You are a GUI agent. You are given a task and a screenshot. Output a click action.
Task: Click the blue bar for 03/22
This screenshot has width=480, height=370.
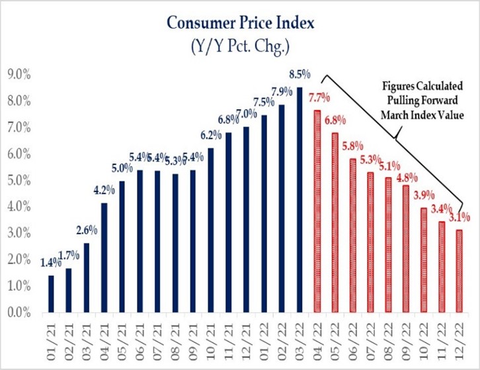click(x=300, y=199)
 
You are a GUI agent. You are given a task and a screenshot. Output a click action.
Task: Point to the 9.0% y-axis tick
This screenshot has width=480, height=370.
click(x=18, y=74)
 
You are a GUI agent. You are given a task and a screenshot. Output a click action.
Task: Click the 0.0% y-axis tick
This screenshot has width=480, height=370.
click(x=18, y=312)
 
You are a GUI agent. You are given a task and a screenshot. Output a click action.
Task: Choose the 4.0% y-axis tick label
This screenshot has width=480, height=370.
click(x=18, y=207)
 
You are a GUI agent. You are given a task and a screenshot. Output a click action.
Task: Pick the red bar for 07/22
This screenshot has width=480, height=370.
click(x=371, y=242)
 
